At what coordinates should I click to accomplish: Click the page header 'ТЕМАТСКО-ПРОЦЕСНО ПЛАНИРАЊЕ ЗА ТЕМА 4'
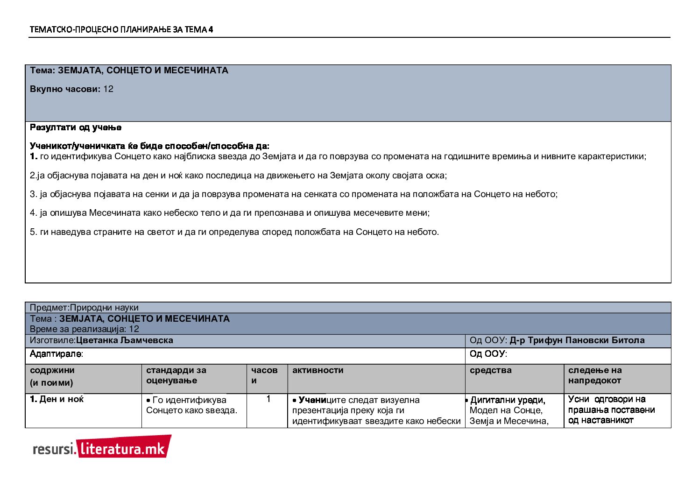(121, 29)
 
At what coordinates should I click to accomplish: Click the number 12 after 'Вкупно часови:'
(108, 89)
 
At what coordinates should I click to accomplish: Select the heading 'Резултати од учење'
(76, 127)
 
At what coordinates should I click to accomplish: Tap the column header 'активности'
(318, 370)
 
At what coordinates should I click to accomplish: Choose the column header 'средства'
(490, 370)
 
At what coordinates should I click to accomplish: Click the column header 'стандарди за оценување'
(176, 375)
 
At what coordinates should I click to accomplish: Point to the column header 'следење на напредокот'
(595, 375)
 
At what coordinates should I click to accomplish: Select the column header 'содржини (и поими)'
(52, 376)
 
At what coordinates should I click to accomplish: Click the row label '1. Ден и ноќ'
(56, 399)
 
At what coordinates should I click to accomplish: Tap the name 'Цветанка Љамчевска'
(124, 340)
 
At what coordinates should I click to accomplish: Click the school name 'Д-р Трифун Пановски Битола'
(577, 340)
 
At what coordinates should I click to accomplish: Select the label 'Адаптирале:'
(56, 354)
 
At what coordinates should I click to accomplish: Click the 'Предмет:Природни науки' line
(84, 308)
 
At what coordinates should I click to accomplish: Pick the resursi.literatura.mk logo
(102, 448)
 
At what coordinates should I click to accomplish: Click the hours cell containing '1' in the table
(268, 399)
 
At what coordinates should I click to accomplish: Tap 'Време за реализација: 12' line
(84, 329)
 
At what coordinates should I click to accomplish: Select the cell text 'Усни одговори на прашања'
(607, 404)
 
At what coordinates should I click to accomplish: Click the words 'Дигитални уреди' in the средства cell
(508, 400)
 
